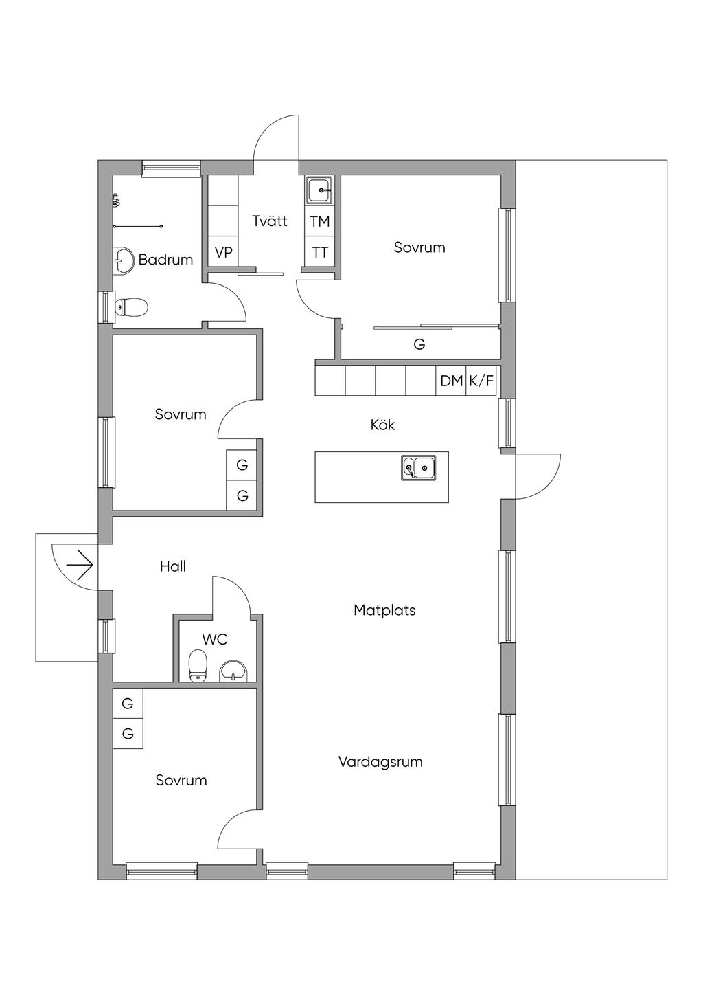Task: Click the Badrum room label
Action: [165, 260]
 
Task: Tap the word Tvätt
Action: [270, 221]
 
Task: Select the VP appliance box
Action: [223, 252]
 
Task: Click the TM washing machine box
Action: [319, 221]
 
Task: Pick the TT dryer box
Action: [319, 251]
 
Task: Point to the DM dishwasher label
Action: [451, 381]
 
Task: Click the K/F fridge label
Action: [481, 381]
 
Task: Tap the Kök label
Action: [382, 425]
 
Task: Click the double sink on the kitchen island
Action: [419, 467]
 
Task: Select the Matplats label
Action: [384, 610]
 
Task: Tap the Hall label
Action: [173, 566]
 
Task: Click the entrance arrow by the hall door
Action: [80, 565]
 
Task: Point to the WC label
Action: [215, 639]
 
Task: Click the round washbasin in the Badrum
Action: [123, 260]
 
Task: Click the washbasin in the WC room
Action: [235, 671]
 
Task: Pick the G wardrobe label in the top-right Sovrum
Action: [419, 344]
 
